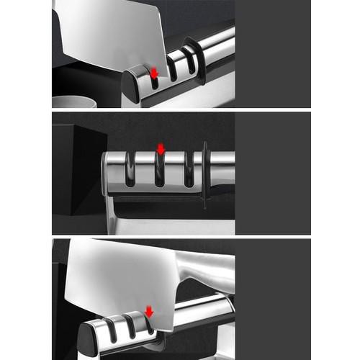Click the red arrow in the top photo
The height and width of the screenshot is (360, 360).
click(x=153, y=73)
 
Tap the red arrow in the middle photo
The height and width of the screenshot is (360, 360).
click(x=161, y=149)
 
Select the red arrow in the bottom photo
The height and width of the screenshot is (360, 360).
click(x=149, y=311)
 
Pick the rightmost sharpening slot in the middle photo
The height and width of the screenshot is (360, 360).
click(x=189, y=170)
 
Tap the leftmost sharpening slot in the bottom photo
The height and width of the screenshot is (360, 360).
click(x=112, y=329)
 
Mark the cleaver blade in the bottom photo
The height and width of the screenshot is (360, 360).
click(x=122, y=277)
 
